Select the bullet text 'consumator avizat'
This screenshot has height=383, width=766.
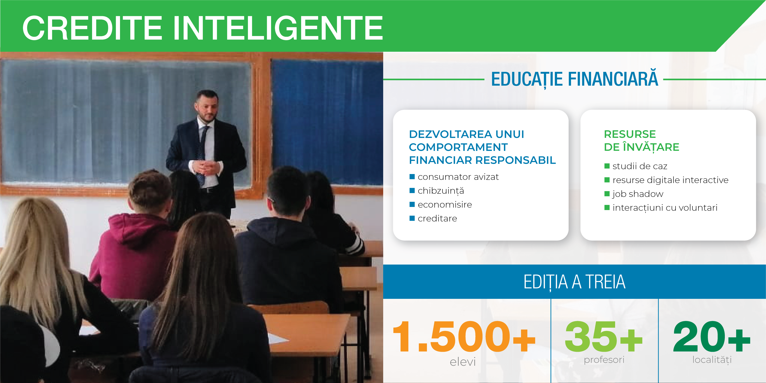tap(458, 177)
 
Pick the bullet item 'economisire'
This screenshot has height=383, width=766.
tap(445, 205)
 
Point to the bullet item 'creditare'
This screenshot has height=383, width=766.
tap(437, 219)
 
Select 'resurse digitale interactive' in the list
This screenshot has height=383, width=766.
tap(670, 180)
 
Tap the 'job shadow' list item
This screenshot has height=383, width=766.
tap(638, 194)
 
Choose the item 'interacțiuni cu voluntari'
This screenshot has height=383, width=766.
tap(665, 207)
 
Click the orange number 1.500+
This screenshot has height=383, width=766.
tap(464, 336)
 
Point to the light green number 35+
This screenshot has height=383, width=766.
tap(604, 336)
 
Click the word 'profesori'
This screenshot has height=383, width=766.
tap(604, 360)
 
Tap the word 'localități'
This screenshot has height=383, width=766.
tap(712, 360)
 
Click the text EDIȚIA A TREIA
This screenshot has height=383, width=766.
tap(574, 282)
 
